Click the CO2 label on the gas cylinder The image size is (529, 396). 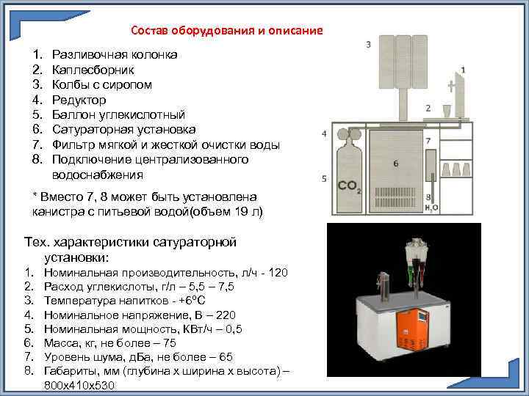(348, 186)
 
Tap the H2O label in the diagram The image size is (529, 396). (432, 208)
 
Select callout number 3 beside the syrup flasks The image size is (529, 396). (367, 45)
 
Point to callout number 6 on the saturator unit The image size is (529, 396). (395, 164)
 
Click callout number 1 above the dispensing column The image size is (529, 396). (463, 70)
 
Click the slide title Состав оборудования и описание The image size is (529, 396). (226, 31)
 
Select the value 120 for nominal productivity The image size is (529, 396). (278, 273)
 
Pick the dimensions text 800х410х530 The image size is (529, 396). (79, 385)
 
